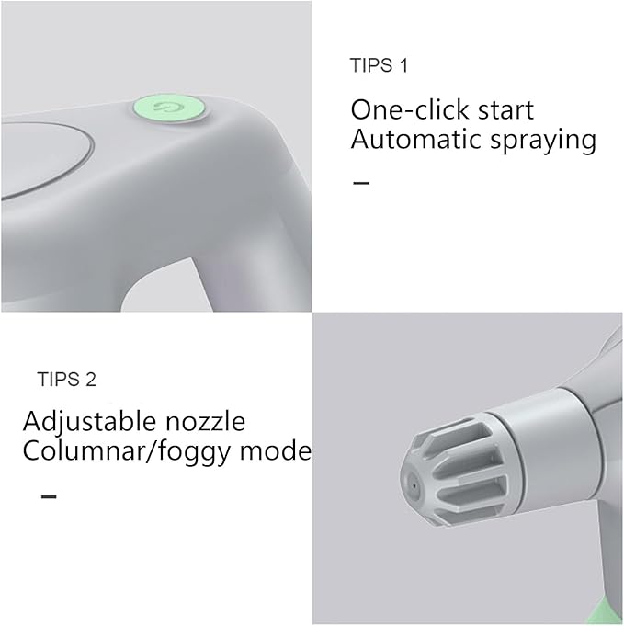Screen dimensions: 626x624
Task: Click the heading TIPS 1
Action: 379,65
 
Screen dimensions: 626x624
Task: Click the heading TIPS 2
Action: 66,379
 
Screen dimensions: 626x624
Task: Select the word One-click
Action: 403,110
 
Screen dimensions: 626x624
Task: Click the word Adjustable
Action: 87,422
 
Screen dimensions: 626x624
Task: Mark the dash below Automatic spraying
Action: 362,183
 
